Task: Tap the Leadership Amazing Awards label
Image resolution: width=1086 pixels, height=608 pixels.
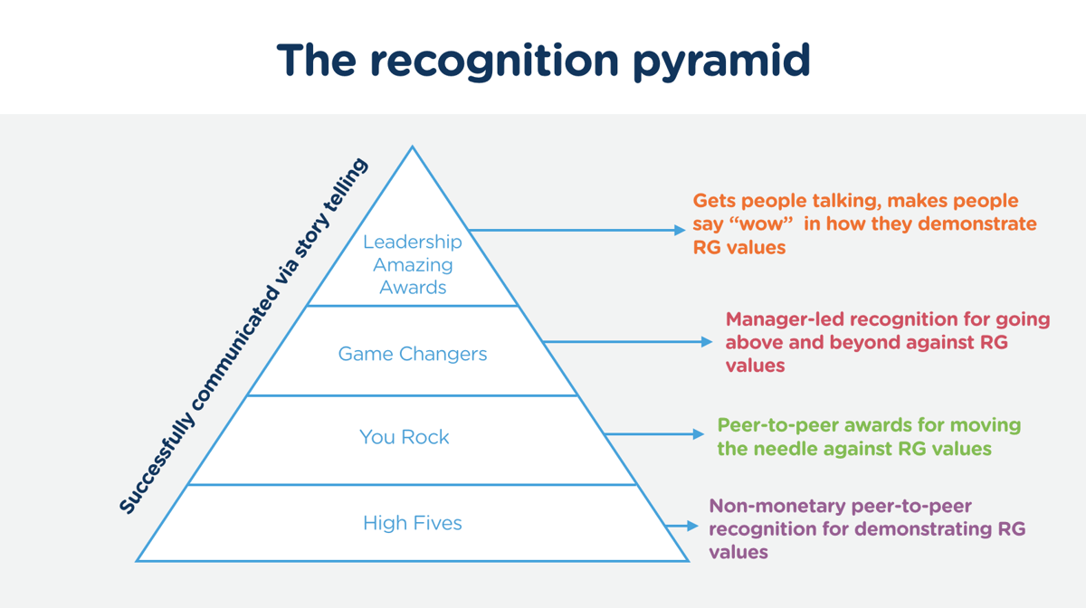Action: tap(413, 264)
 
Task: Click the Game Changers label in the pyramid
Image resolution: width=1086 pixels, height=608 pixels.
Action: tap(413, 354)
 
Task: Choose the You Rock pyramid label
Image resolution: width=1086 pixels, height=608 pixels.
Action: tap(404, 437)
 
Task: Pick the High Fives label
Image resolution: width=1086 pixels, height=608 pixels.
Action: tap(413, 523)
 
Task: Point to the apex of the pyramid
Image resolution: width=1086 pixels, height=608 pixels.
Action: tap(413, 147)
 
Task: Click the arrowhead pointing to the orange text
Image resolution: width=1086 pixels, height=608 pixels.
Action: tap(681, 231)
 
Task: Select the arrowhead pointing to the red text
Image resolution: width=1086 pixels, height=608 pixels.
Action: tap(708, 342)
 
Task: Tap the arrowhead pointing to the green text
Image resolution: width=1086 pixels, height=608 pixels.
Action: tap(699, 435)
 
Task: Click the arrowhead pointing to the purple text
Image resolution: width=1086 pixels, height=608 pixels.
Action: tap(694, 526)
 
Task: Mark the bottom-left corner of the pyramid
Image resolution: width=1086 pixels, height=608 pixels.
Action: tap(138, 561)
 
